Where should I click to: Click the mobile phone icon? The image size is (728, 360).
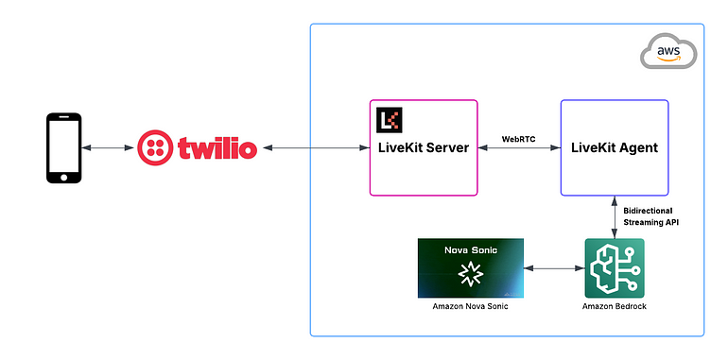(64, 148)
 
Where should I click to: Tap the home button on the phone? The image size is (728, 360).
(64, 176)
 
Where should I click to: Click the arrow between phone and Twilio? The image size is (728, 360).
(107, 148)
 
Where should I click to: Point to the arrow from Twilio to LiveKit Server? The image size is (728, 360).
(314, 148)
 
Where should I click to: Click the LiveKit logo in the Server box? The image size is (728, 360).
(389, 120)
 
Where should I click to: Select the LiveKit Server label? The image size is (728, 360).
(423, 148)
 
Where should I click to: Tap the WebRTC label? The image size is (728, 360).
(520, 138)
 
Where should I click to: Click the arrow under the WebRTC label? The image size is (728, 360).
(520, 149)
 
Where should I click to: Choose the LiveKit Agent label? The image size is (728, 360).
(615, 148)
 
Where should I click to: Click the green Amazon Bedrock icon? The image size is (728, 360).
(615, 269)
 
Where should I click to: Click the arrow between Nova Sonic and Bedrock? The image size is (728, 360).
(554, 269)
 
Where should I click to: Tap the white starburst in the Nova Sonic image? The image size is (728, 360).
(470, 274)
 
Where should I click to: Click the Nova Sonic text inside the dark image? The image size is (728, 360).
(470, 250)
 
